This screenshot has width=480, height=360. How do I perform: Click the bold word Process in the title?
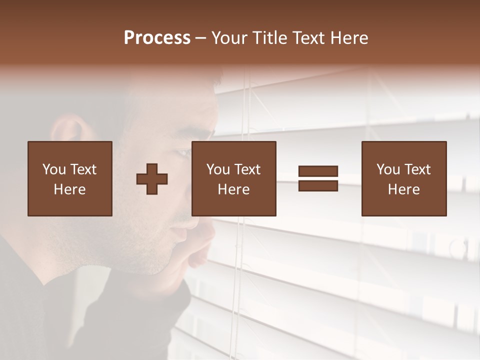157,37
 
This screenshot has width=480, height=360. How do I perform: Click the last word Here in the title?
349,37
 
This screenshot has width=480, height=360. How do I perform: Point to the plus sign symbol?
152,179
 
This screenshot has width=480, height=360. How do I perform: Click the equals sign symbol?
318,178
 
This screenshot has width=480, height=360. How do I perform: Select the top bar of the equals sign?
318,171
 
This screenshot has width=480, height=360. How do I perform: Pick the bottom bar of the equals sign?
318,185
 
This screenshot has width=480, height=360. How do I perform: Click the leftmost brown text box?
70,178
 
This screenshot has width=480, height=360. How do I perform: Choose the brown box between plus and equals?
234,178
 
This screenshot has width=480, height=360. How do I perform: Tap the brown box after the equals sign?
404,178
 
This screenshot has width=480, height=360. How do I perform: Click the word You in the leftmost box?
54,169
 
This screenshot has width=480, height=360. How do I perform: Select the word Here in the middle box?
234,189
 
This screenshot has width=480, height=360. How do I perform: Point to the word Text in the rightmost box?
417,169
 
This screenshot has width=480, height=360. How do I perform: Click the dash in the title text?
201,37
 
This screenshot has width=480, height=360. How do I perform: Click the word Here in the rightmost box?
404,189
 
